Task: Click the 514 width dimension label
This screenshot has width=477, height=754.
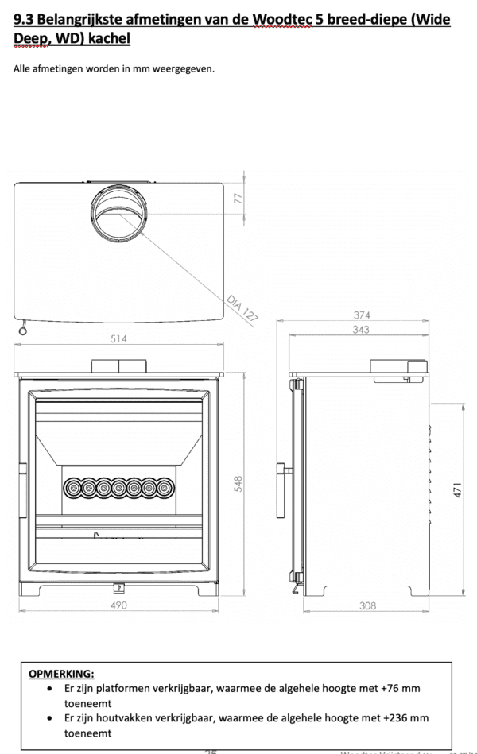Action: click(x=118, y=339)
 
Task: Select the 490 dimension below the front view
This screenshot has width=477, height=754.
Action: click(x=118, y=605)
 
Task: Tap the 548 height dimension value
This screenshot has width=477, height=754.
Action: click(x=238, y=484)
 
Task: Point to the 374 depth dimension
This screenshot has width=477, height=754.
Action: click(x=362, y=315)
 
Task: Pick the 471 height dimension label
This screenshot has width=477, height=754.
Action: click(x=457, y=489)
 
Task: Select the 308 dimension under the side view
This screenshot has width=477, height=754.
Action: click(x=367, y=605)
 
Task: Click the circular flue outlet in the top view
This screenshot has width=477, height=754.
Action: click(x=117, y=213)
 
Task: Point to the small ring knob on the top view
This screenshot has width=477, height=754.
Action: click(x=21, y=331)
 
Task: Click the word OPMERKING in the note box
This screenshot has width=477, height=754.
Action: click(x=61, y=674)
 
